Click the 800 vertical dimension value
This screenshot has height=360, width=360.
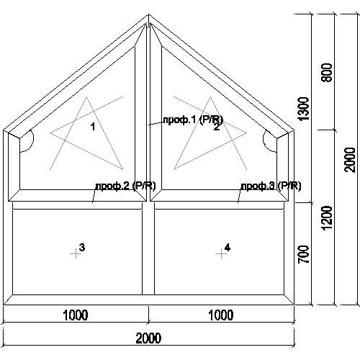click(x=327, y=73)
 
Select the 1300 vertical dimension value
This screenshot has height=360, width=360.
click(x=303, y=109)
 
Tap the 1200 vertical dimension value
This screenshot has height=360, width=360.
click(x=327, y=218)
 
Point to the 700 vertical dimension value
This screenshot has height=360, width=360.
click(x=303, y=254)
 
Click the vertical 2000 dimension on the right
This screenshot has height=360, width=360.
click(x=350, y=160)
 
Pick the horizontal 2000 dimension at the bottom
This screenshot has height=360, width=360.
click(x=148, y=338)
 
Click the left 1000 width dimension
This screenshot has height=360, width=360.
click(x=76, y=315)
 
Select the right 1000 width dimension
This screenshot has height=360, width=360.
click(x=221, y=315)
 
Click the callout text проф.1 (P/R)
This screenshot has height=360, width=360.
click(x=193, y=120)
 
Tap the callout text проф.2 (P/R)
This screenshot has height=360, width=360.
click(x=125, y=186)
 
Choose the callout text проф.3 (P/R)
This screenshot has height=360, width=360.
click(x=271, y=186)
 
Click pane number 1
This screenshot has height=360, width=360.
click(x=93, y=127)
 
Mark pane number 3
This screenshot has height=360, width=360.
click(x=82, y=247)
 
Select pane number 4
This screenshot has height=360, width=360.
click(x=228, y=247)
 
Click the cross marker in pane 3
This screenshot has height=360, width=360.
click(x=76, y=254)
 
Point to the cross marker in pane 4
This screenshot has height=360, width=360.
click(x=221, y=254)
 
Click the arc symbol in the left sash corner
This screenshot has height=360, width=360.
click(x=33, y=139)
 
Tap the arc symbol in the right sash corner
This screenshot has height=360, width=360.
click(x=264, y=139)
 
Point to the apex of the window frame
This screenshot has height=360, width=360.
click(x=148, y=14)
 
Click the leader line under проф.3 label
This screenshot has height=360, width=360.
click(x=239, y=196)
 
